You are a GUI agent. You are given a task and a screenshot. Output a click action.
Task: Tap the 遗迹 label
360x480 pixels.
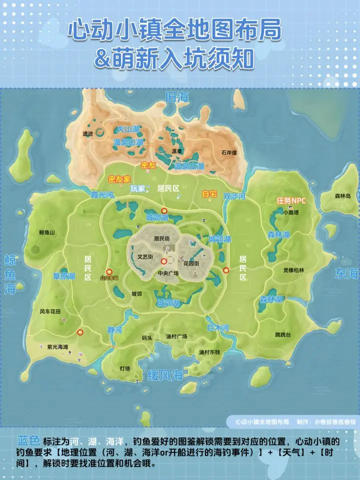pos(87,133)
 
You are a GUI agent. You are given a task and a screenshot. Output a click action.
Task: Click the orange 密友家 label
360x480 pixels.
pos(119,178)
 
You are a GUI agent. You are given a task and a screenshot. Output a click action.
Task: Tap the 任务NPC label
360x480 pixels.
pos(291,200)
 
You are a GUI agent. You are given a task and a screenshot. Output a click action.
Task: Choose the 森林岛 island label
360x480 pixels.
pos(342,195)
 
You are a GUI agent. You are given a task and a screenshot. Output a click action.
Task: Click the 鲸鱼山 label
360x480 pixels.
pos(46,232)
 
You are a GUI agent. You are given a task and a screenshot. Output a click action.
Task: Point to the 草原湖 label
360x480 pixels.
pos(64,276)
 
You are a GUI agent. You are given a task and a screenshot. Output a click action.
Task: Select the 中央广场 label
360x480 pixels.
pos(168,273)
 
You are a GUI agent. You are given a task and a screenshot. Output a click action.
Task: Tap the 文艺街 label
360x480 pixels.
pos(145,257)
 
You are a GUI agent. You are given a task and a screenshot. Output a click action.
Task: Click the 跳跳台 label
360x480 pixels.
pos(283,334)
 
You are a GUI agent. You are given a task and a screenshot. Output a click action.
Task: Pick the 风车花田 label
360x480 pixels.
pos(50,311)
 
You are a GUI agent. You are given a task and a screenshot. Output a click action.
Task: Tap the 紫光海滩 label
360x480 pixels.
pos(57,346)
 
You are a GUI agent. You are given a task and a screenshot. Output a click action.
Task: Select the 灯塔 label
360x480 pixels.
pos(124,368)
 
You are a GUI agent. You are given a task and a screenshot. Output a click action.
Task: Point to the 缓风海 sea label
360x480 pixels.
pos(164,375)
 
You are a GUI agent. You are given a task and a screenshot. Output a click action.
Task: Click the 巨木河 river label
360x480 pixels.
pos(218,328)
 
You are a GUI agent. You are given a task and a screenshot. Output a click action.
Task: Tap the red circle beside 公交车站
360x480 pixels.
pos(109,272)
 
